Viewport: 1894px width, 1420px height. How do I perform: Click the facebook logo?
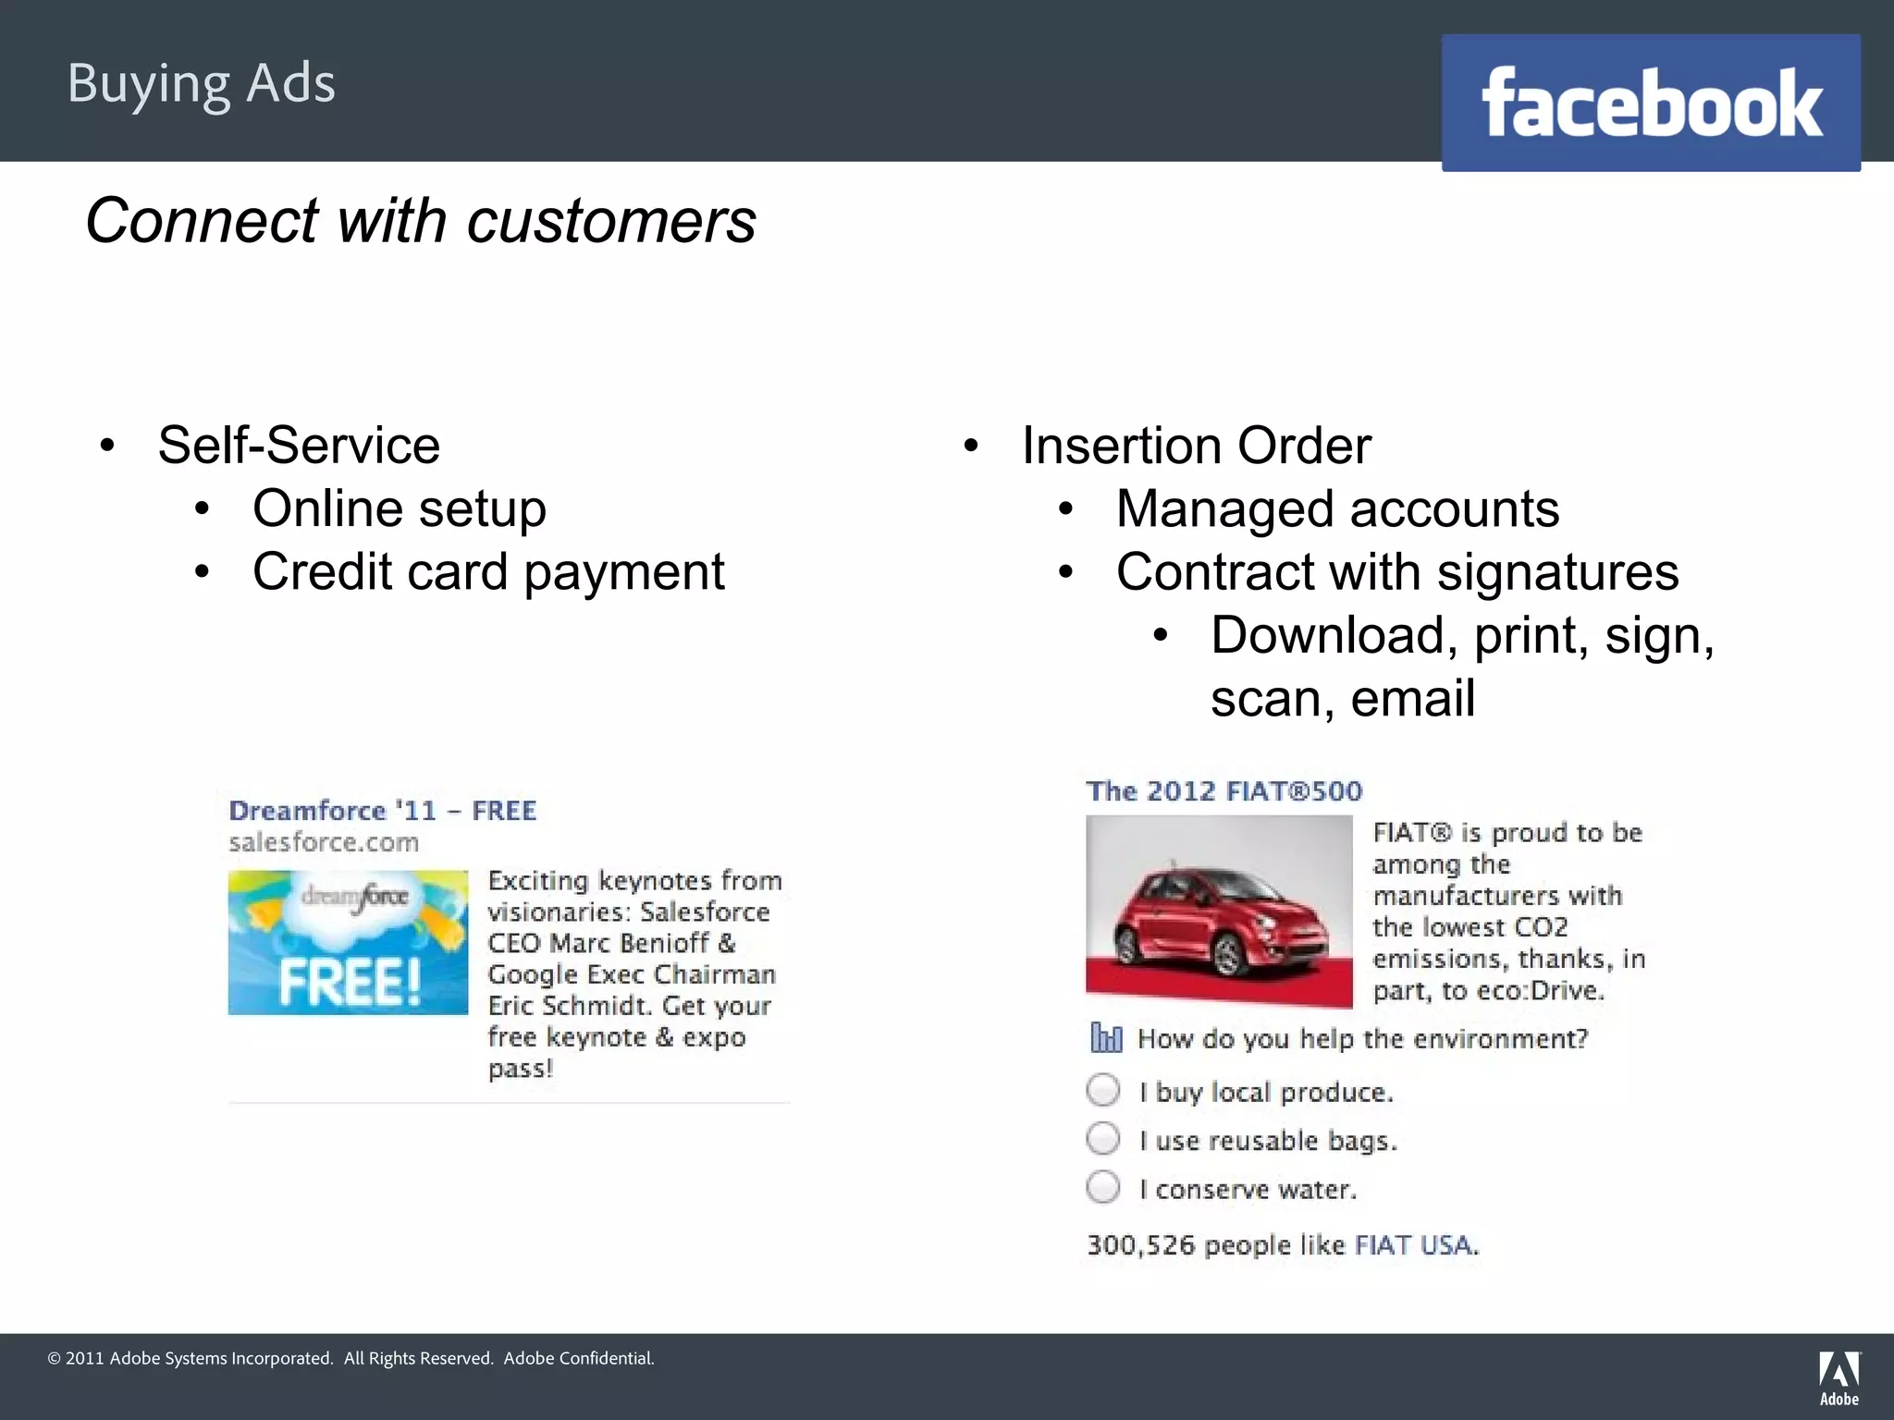tap(1651, 103)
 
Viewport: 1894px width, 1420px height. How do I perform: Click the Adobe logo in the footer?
tap(1839, 1378)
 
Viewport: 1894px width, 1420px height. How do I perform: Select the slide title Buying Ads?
tap(202, 84)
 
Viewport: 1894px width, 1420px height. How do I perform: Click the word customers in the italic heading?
tap(611, 222)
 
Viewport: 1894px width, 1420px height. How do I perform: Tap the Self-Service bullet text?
tap(299, 446)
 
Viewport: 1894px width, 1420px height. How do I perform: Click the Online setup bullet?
tap(400, 509)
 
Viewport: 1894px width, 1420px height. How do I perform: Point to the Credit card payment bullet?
tap(488, 572)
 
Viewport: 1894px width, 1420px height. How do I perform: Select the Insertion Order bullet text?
tap(1196, 446)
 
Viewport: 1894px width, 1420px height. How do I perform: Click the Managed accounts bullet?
tap(1337, 509)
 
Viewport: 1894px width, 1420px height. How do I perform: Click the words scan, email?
tap(1342, 699)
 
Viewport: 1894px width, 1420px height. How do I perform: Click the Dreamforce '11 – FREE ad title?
tap(382, 811)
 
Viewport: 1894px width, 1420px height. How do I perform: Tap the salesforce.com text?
tap(324, 842)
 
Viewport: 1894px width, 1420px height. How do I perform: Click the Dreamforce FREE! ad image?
tap(348, 942)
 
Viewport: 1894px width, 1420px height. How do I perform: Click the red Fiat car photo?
tap(1219, 911)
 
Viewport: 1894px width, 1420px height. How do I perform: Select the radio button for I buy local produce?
tap(1103, 1090)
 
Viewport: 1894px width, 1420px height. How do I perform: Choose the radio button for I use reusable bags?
tap(1103, 1138)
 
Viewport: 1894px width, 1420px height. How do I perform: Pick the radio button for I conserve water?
tap(1103, 1187)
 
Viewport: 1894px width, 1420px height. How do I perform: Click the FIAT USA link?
tap(1415, 1245)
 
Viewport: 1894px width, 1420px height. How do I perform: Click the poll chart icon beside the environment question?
tap(1106, 1038)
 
